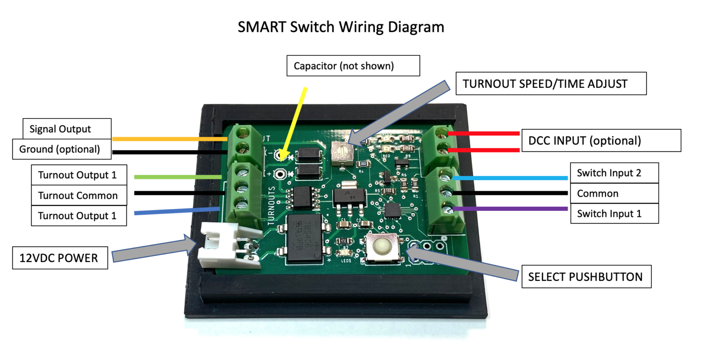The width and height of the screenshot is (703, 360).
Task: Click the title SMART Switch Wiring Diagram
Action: click(341, 27)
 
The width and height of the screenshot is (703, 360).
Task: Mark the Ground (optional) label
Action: click(59, 149)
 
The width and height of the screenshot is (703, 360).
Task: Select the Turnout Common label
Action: click(78, 195)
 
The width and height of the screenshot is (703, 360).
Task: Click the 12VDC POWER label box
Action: click(59, 258)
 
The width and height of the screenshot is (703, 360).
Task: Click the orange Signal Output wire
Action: click(169, 139)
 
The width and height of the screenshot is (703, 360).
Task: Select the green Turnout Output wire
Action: click(178, 177)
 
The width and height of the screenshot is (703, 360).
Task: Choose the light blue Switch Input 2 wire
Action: click(510, 178)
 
